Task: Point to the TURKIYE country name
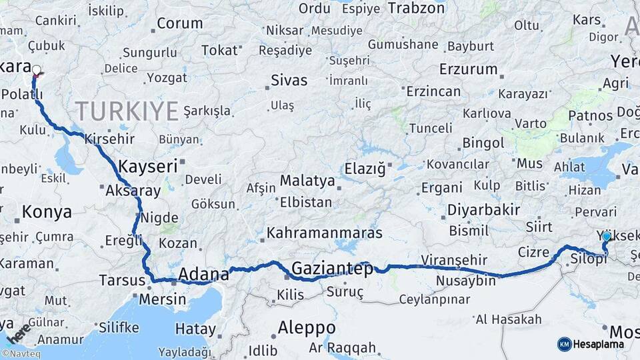127,110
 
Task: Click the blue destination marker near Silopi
606,236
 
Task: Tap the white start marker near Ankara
36,69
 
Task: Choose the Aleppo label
307,328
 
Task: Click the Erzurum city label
469,69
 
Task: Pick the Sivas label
289,81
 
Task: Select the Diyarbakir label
483,210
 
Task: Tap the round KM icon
564,344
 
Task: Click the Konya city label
47,213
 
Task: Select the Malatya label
307,181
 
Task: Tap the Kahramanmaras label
325,233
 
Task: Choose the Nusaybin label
466,281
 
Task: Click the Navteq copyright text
21,354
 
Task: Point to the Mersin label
163,299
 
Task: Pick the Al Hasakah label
509,320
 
